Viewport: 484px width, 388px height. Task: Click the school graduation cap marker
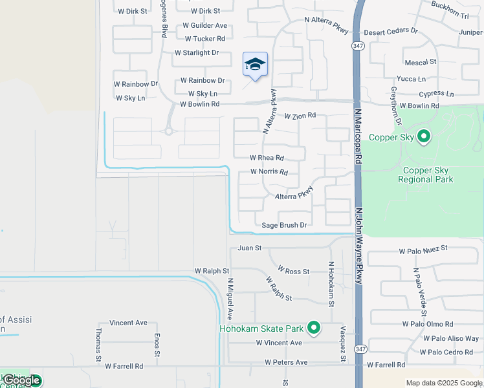click(x=256, y=65)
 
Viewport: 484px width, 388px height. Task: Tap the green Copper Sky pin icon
click(x=424, y=136)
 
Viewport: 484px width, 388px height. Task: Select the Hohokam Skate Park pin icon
click(x=314, y=329)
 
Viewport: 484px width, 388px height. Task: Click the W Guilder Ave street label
click(x=204, y=25)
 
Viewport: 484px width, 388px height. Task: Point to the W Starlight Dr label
click(x=197, y=52)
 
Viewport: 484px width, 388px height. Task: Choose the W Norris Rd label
click(x=269, y=172)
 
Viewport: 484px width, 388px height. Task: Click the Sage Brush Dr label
click(x=284, y=225)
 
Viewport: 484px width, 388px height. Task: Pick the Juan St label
click(x=249, y=248)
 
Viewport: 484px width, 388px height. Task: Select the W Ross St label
click(x=294, y=270)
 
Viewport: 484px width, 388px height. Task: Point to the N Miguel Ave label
click(x=230, y=299)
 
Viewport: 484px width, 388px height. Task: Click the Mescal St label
click(x=421, y=62)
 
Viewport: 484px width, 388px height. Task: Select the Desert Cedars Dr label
click(x=391, y=31)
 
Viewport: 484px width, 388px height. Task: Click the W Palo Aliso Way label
click(x=451, y=338)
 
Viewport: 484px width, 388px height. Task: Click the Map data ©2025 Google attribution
click(x=444, y=383)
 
